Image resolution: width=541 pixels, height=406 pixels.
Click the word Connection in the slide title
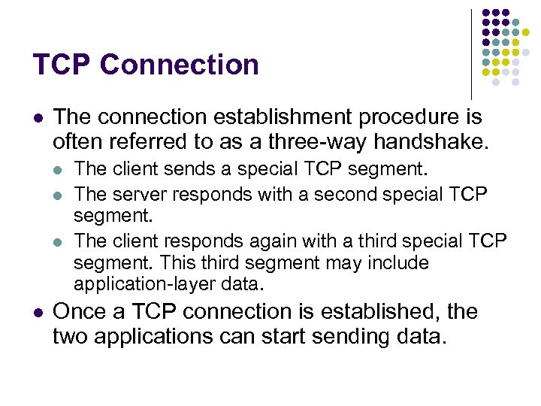pyautogui.click(x=180, y=65)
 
